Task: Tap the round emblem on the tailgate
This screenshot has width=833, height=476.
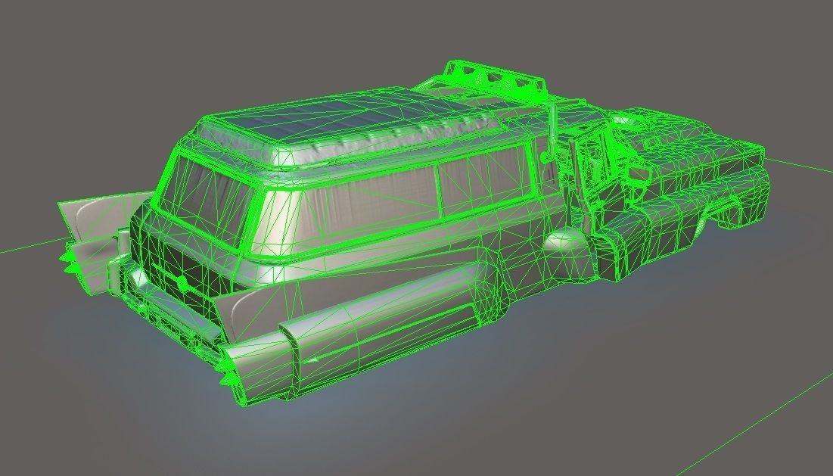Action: [x=182, y=282]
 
